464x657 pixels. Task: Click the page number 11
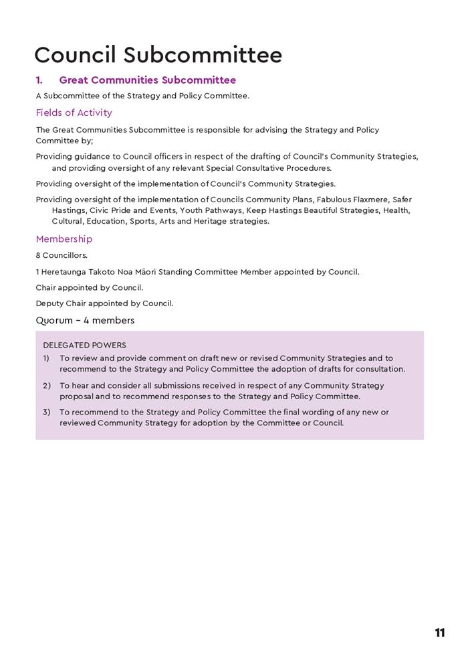(439, 632)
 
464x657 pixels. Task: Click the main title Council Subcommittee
(158, 55)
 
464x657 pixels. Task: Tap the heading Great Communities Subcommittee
(147, 80)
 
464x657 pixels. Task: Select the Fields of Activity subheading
(74, 113)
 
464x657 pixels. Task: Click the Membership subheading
(64, 239)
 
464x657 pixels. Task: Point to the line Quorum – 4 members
(85, 320)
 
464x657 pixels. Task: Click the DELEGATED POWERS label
(84, 346)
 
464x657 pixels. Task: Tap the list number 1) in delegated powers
(47, 358)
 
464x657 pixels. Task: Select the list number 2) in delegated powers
(47, 386)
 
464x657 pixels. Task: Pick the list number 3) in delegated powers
(47, 413)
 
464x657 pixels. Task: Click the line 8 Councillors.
(62, 256)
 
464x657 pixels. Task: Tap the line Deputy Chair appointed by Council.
(104, 303)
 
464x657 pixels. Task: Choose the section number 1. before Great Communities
(39, 80)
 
